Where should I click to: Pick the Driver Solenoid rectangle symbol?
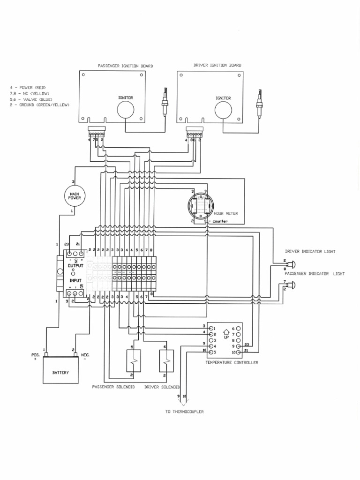click(x=165, y=361)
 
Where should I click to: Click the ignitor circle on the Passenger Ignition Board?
click(x=125, y=111)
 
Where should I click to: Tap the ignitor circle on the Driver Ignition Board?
click(x=223, y=111)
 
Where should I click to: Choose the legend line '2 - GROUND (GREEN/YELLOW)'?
click(x=39, y=105)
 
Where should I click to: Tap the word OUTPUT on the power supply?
click(x=75, y=265)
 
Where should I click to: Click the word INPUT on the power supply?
click(x=75, y=280)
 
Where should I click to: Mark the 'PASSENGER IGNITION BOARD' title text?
click(x=125, y=66)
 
